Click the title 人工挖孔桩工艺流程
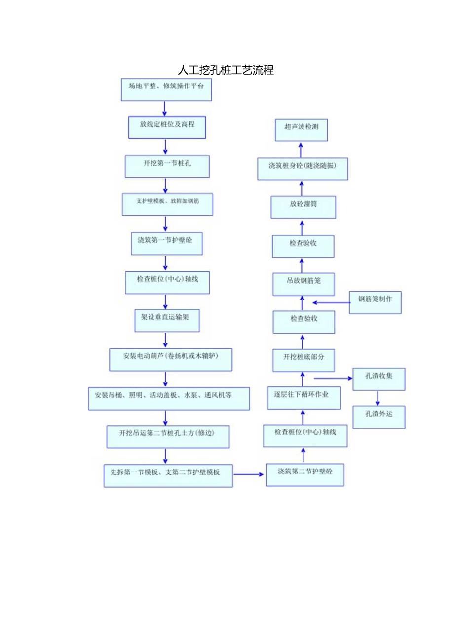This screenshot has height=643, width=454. pos(226,70)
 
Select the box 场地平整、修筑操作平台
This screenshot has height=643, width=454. pos(166,90)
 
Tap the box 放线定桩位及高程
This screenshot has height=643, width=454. pos(167,128)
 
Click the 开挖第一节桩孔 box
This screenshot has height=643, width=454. pos(167,167)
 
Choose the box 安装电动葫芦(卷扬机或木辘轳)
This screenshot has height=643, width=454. pos(170,359)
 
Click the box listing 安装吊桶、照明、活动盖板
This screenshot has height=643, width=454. pos(169,398)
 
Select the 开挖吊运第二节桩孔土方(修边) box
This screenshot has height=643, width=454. pos(168,436)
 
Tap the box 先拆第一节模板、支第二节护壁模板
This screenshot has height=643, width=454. pos(168,475)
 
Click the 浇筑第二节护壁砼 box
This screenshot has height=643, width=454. pos(304,474)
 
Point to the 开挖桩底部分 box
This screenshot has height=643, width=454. pos(303,360)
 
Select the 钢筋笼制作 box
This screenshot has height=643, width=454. pos(375,302)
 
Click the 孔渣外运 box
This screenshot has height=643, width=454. pos(378,417)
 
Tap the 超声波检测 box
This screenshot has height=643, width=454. pos(301,130)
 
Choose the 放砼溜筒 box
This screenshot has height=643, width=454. pos(303,207)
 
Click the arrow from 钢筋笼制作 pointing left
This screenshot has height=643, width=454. pos(331,302)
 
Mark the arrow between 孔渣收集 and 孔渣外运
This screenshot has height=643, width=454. pos(378,398)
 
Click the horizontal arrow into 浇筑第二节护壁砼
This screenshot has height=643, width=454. pos(249,474)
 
